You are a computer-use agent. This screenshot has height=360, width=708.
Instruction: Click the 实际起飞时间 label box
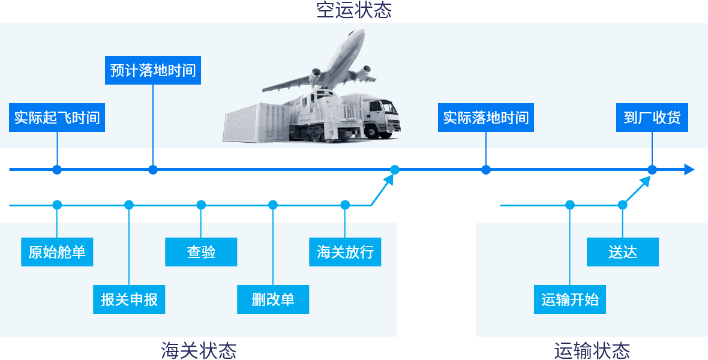[x=57, y=118]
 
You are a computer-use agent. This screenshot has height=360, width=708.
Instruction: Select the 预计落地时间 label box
[x=153, y=70]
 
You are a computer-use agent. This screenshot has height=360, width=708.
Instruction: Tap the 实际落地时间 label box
[x=486, y=118]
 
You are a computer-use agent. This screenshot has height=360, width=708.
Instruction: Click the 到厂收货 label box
[x=652, y=118]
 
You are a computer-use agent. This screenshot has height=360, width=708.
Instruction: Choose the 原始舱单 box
[x=57, y=252]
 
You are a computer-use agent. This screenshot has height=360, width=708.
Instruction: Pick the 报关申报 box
[x=129, y=299]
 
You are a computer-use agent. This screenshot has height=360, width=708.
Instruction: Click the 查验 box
[x=201, y=252]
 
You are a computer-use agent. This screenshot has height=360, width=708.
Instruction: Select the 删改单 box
[x=273, y=299]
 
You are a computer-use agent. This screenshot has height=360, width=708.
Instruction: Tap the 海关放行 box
[x=345, y=252]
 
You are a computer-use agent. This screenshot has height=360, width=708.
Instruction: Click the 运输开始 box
[x=570, y=299]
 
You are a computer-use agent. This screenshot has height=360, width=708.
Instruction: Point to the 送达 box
[x=623, y=252]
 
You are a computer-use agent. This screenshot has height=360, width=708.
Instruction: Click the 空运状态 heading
[x=354, y=10]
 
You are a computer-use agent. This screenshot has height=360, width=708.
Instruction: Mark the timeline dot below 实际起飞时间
[x=57, y=170]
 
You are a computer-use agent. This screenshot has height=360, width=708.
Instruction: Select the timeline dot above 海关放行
[x=345, y=205]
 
